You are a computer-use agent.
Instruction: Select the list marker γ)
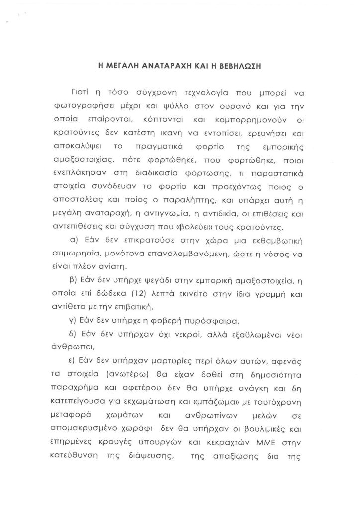coord(81,320)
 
